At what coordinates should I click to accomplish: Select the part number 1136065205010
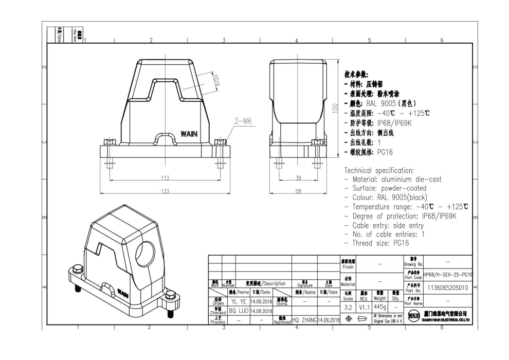[x=447, y=288]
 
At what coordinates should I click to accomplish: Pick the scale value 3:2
[x=348, y=307]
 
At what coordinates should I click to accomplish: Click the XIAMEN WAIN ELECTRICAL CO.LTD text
[x=445, y=319]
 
